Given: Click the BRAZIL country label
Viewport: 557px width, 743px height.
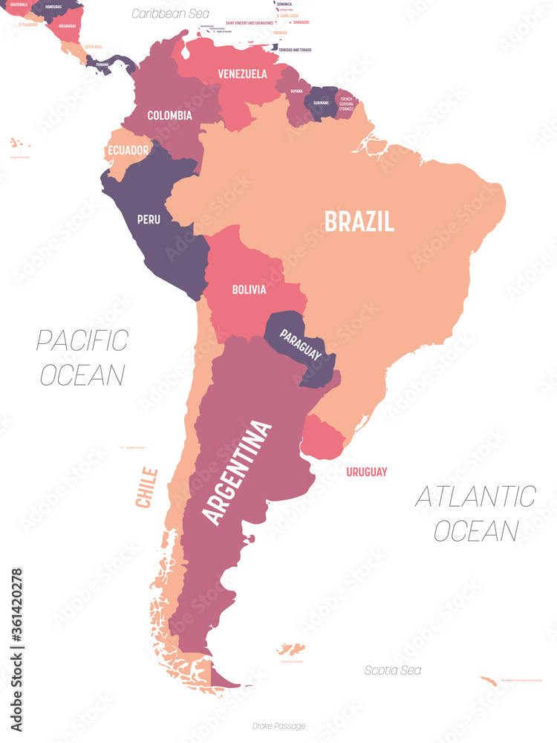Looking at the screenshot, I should coord(358,221).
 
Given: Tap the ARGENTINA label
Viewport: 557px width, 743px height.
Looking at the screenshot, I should coord(237,473).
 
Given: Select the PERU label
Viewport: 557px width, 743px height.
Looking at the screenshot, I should coord(149,219).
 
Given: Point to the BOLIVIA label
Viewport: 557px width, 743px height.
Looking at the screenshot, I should coord(248,290).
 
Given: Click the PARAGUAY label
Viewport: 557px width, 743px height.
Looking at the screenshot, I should coord(301,345).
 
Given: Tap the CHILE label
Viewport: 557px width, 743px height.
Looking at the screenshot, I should coord(147,487).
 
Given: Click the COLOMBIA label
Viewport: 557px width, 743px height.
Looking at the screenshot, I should coord(169,115).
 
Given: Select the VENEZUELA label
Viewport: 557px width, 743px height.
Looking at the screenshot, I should coord(242,74).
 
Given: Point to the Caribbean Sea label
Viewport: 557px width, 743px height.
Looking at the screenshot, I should coord(170,13).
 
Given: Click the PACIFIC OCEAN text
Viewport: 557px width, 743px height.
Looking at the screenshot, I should coord(82,357).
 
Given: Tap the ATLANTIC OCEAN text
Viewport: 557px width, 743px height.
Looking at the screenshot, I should coord(475,513).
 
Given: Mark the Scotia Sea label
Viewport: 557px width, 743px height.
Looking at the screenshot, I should coord(392,670).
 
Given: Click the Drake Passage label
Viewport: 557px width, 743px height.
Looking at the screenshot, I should coord(278,726).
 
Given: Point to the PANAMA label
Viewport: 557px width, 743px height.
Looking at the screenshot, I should coord(102,65).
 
